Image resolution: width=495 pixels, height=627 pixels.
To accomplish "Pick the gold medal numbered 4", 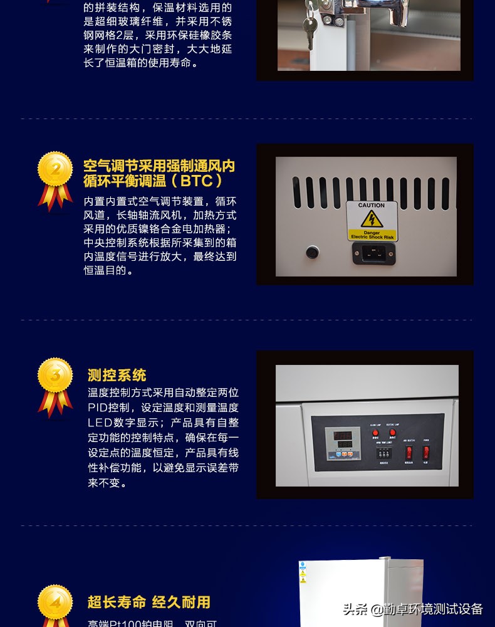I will click(55, 603).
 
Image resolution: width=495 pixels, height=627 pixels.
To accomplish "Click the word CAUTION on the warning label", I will click(372, 206).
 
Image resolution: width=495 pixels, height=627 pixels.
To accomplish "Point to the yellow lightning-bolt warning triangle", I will click(372, 219).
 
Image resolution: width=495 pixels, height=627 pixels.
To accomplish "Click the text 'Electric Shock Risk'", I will click(372, 236).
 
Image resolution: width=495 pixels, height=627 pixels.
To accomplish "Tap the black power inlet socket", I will click(373, 253).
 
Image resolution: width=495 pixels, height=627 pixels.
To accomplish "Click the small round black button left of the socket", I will click(312, 253).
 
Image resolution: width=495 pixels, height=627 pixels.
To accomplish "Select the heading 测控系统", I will click(117, 376).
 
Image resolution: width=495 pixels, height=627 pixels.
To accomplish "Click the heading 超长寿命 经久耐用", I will click(149, 603).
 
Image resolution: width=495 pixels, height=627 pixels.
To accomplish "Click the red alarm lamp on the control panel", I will click(375, 433).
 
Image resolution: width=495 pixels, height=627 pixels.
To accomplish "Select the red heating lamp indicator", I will click(393, 433).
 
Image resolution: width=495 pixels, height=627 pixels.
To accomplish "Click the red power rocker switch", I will click(426, 451).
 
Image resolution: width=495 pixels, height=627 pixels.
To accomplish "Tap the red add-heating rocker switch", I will click(409, 451).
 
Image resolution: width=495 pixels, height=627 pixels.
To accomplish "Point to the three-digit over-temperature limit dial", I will click(384, 451).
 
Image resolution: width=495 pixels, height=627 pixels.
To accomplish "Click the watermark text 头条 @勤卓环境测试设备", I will click(413, 609).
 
